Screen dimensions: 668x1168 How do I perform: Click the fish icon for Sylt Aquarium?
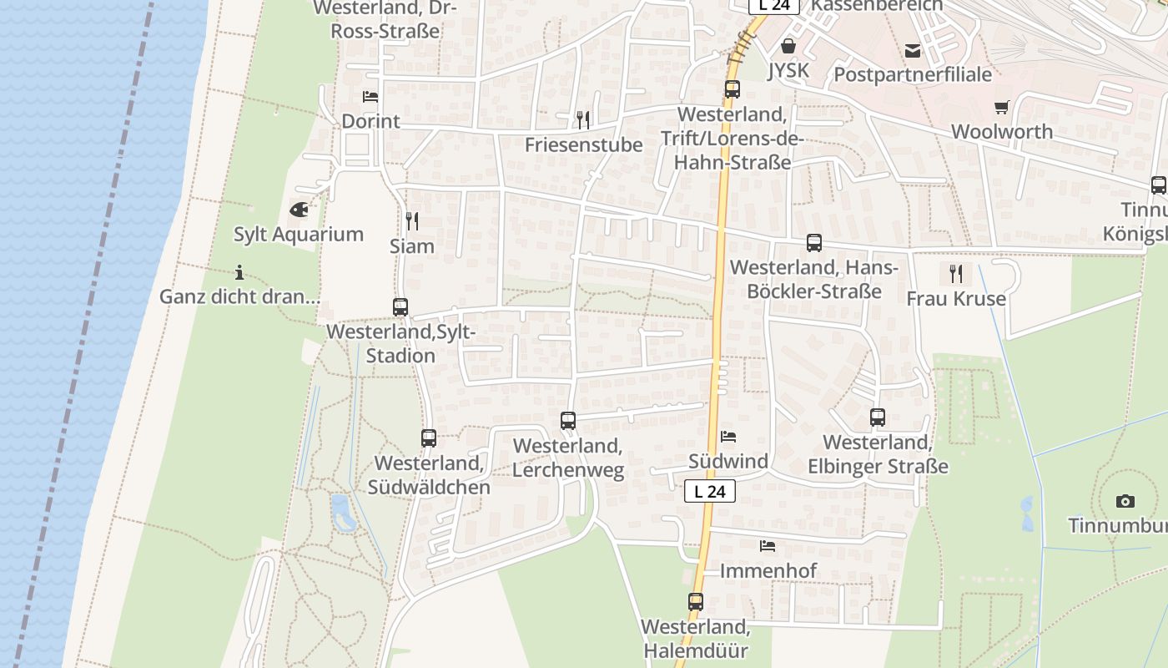[299, 209]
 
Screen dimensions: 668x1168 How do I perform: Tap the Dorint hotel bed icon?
[370, 97]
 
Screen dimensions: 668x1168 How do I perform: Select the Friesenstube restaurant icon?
[583, 120]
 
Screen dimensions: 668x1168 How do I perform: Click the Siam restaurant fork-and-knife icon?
[412, 221]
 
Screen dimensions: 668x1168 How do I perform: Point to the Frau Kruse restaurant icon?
[956, 274]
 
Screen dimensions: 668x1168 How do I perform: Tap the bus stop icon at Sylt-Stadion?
[400, 307]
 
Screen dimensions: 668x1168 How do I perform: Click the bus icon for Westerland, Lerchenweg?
[568, 421]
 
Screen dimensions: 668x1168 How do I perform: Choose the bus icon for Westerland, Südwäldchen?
[429, 438]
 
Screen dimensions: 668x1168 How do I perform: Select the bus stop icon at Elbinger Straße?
[878, 417]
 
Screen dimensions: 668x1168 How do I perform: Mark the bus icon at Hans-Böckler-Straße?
[814, 243]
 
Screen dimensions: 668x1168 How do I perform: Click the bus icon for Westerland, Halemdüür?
[696, 601]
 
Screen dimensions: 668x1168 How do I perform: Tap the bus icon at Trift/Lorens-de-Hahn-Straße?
[733, 89]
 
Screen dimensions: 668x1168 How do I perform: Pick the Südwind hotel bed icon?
[728, 437]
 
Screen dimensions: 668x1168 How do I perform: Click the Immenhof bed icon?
[768, 546]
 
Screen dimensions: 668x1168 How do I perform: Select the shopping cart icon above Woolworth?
[1002, 107]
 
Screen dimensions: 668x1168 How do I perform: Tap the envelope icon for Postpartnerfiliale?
[914, 51]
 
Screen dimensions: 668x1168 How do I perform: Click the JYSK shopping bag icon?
[788, 46]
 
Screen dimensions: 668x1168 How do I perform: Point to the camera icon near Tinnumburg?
[1125, 502]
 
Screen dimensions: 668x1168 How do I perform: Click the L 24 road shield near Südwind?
[710, 491]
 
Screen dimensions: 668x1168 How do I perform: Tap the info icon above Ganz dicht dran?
[239, 272]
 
